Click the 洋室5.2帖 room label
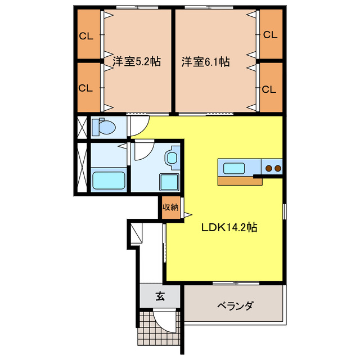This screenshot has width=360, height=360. click(x=137, y=62)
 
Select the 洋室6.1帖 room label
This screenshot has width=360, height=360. click(x=205, y=62)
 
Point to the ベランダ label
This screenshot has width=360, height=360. click(x=235, y=306)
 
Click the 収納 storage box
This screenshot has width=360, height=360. click(x=170, y=208)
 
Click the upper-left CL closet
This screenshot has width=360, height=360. click(x=85, y=37)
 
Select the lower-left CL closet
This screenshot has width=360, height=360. click(x=85, y=88)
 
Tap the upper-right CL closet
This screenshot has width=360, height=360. click(x=270, y=35)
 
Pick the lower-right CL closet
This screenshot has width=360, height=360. click(x=270, y=88)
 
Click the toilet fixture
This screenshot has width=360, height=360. click(x=103, y=128)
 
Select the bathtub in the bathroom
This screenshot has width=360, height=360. click(x=109, y=181)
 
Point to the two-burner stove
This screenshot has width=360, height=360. click(x=272, y=167)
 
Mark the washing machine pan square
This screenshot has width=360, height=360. click(x=169, y=182)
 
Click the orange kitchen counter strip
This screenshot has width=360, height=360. click(x=236, y=181)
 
